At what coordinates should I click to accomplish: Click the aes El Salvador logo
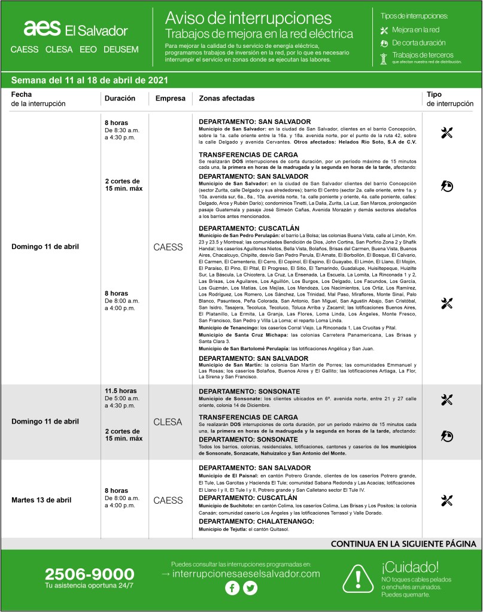click(75, 29)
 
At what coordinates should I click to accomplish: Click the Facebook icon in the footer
click(232, 588)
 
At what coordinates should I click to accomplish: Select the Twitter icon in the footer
click(250, 588)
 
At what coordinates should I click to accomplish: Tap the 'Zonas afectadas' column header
click(230, 98)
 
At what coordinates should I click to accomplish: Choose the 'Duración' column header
click(120, 98)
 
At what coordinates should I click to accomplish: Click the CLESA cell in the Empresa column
click(168, 422)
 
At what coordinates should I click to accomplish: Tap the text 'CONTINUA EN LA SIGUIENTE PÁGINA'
click(403, 544)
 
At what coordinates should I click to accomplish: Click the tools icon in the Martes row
click(446, 500)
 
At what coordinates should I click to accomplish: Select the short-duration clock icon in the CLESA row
click(446, 436)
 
